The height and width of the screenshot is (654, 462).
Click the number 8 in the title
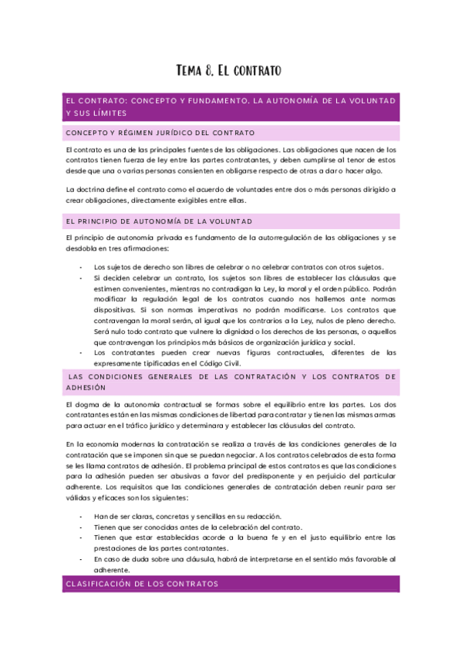210,72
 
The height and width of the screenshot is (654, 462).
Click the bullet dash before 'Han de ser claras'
82,516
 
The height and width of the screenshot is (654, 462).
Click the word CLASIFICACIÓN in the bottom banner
101,585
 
